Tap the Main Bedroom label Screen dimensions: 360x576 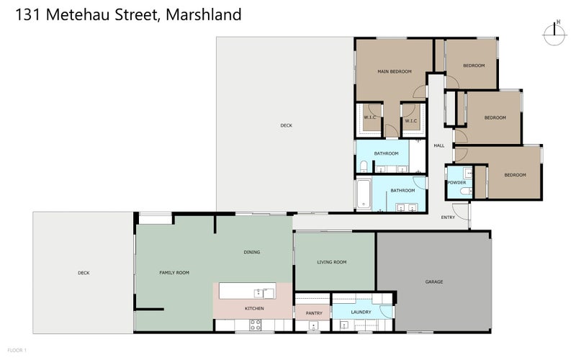[395, 71]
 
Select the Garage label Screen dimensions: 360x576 [433, 282]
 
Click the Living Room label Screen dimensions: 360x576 [332, 262]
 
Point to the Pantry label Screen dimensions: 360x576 [313, 312]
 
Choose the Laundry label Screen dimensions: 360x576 [361, 312]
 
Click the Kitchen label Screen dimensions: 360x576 [254, 308]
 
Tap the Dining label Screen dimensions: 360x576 [251, 252]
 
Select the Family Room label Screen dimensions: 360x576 [174, 272]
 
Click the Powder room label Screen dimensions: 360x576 [456, 182]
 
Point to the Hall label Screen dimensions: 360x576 [438, 145]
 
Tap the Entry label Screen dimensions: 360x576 [448, 217]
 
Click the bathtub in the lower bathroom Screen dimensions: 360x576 [364, 194]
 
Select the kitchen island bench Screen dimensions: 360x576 [247, 291]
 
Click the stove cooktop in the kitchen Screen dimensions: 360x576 [255, 325]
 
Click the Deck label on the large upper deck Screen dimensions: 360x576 [287, 126]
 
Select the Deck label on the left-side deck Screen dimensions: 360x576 [84, 272]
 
